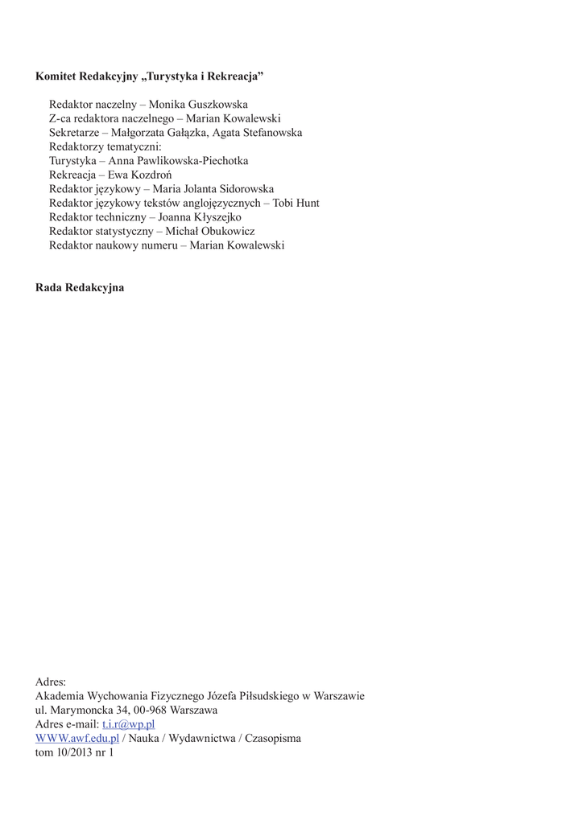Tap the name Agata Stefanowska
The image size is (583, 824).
pos(257,133)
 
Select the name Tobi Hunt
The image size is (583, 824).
pos(296,203)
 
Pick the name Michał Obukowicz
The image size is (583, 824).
pos(210,231)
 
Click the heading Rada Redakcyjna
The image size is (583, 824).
pos(80,287)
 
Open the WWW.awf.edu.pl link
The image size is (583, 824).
pos(77,738)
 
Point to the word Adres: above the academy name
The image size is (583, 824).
pos(51,682)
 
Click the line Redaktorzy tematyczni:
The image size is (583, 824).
pos(105,146)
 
